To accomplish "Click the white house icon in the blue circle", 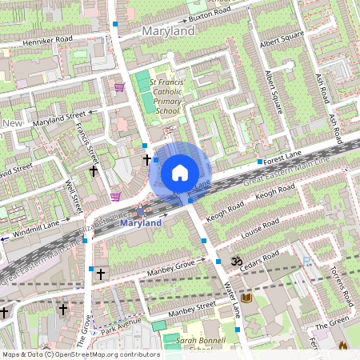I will click(180, 172).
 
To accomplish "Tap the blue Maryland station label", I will click(140, 223).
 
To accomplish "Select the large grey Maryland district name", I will click(168, 30).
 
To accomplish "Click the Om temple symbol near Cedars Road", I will click(235, 261).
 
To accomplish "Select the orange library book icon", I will click(247, 298).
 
